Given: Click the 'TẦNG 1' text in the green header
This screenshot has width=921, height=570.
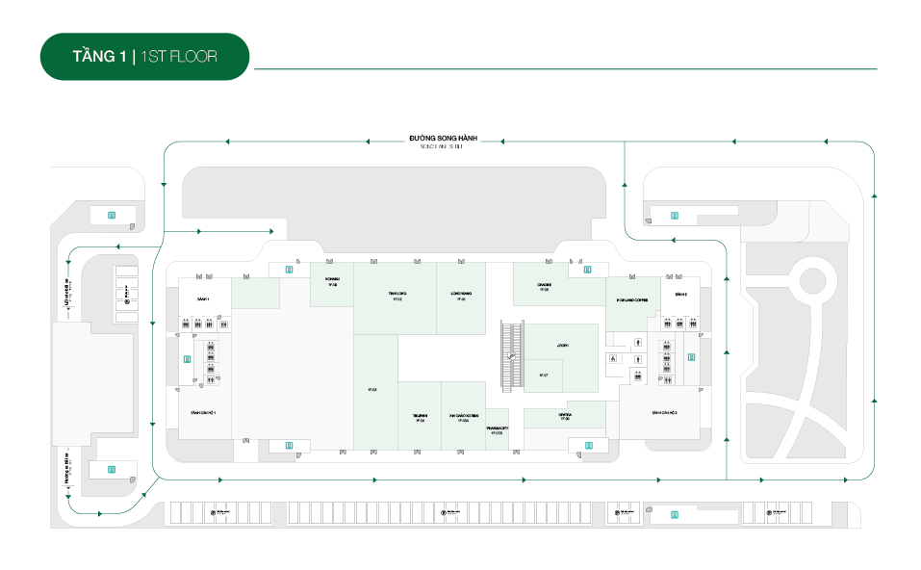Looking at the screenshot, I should pos(99,57).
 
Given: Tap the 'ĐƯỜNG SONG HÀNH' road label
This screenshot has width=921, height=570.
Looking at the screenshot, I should pos(443,139).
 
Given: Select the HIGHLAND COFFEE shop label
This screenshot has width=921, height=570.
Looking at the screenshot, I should pos(631,299).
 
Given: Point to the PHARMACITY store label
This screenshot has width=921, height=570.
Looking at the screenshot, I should pos(497,429).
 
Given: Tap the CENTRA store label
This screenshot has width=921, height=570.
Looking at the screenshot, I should pos(565,416).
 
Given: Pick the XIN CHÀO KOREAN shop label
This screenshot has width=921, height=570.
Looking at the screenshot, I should pos(463,418).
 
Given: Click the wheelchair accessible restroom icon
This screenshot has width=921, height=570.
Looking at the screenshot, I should pos(611,359).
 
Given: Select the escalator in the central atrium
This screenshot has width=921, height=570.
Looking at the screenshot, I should pos(512,356).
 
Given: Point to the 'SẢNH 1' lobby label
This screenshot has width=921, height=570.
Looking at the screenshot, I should pos(203,299).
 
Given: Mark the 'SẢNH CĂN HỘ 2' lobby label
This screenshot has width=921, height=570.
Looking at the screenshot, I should pos(665,410).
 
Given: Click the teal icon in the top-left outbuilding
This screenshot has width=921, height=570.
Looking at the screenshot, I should pos(112,215).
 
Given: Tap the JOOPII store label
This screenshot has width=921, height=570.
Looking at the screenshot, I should pos(563,344).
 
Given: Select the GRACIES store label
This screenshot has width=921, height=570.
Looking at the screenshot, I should pos(544,286).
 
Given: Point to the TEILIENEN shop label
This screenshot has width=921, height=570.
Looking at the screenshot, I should pos(420,418).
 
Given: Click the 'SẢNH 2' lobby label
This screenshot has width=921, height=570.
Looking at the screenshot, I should pos(679,293).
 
